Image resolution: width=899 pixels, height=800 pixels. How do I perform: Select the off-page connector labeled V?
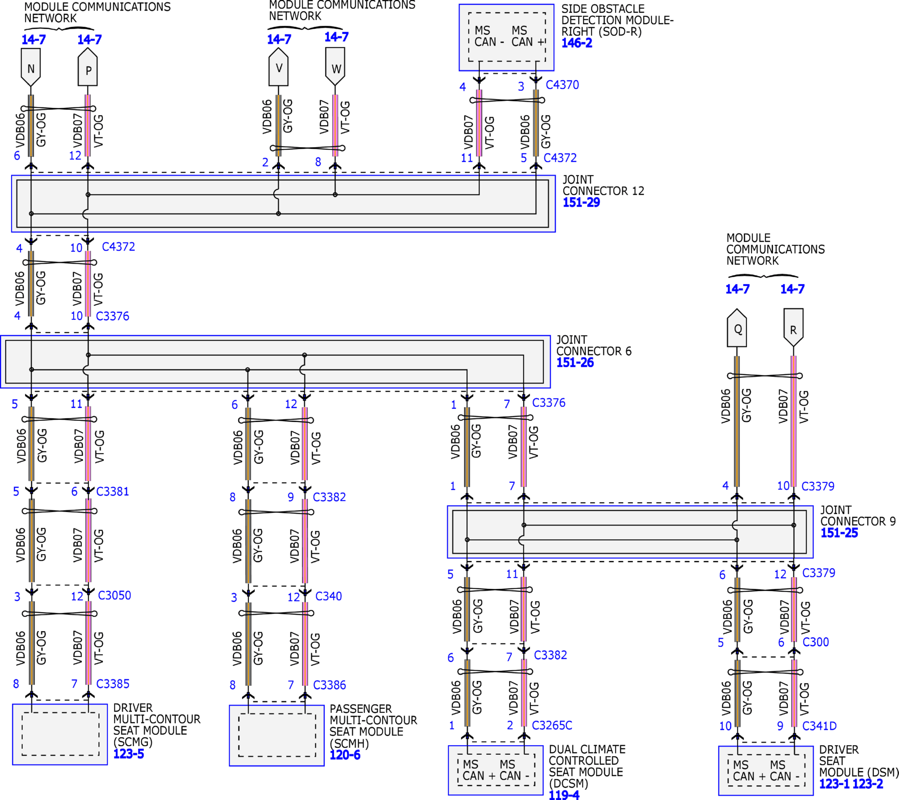pos(279,67)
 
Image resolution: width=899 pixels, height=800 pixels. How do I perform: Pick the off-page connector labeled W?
pos(335,67)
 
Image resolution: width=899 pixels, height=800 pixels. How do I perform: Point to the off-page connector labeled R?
pos(793,328)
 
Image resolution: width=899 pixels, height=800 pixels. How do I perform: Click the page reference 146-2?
pos(577,43)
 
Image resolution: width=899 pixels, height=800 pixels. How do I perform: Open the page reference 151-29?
pos(581,202)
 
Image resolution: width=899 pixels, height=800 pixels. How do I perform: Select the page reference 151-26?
pos(575,363)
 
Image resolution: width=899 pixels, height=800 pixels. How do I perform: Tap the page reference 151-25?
pos(839,533)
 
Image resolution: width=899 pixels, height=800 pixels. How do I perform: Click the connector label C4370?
pos(562,85)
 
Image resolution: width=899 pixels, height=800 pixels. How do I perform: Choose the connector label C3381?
pos(113,491)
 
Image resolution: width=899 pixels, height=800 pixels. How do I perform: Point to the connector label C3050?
pos(114,595)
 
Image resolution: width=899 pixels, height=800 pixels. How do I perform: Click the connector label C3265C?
pos(552,725)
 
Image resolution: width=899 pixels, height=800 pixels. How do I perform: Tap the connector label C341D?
pos(819,726)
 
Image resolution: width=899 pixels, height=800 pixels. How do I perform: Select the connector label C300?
pos(815,642)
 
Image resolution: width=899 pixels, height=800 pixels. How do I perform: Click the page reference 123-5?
pos(128,754)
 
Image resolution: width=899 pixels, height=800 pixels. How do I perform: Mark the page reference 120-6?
pos(345,755)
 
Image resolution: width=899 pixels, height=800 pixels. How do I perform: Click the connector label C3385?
pos(113,684)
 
